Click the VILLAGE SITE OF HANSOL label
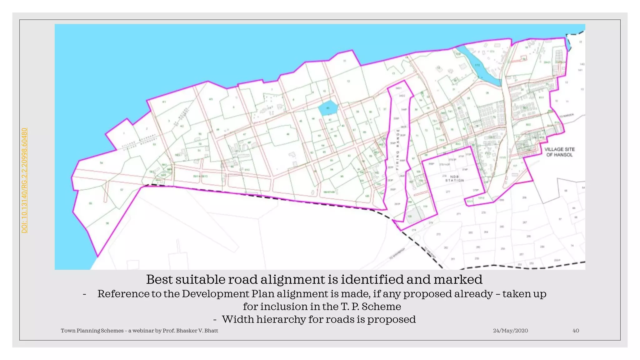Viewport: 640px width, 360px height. [559, 152]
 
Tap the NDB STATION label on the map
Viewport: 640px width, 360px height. [454, 178]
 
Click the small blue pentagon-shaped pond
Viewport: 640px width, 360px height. [328, 108]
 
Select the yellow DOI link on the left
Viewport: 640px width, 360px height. [25, 180]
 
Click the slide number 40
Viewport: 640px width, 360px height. [576, 331]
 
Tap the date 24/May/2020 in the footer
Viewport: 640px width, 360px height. [510, 331]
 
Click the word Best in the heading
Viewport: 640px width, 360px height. [159, 279]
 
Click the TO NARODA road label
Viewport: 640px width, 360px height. [567, 116]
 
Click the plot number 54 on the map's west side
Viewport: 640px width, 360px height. [101, 163]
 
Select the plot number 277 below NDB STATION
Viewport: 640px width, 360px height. [448, 192]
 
